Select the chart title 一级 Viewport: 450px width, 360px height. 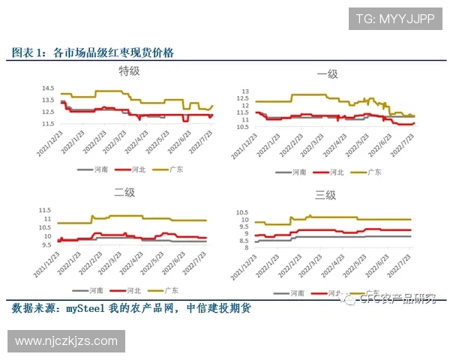coord(328,73)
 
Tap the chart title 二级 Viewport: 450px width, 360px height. coord(124,193)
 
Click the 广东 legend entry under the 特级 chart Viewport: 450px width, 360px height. coord(174,169)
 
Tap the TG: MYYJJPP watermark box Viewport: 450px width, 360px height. coord(394,19)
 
